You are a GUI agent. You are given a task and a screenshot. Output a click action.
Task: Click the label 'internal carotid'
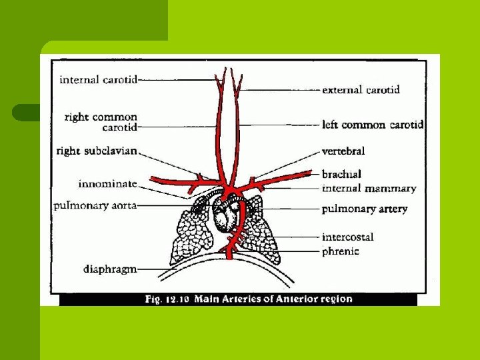98,80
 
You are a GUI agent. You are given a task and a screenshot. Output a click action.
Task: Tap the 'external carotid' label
361,89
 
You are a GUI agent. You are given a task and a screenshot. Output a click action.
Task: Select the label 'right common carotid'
101,122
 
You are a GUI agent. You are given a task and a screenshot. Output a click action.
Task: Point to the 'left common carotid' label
372,125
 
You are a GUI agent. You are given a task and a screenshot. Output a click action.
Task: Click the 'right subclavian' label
97,151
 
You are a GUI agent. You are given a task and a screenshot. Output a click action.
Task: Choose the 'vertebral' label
343,151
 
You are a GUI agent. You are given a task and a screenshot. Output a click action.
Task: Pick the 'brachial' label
342,174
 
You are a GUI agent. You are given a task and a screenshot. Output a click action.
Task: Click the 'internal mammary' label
369,189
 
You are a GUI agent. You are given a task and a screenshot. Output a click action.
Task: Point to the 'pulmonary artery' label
364,209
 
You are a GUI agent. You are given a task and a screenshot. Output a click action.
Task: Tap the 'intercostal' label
347,237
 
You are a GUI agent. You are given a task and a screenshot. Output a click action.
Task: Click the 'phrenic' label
340,251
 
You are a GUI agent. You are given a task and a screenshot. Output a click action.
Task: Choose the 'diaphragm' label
110,269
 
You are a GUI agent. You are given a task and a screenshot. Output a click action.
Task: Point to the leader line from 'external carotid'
280,89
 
